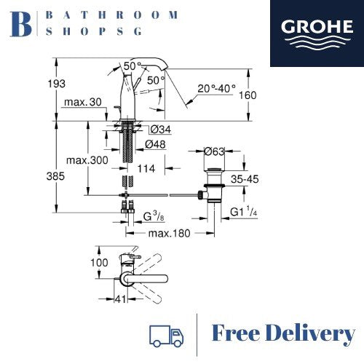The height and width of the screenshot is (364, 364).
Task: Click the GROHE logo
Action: tap(317, 33)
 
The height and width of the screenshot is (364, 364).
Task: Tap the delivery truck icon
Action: tap(166, 336)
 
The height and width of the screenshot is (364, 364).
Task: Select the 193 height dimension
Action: tap(56, 84)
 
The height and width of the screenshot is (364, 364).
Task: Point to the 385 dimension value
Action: tap(55, 176)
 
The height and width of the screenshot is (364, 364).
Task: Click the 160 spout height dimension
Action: tap(248, 95)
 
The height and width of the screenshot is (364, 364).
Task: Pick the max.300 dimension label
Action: tap(87, 160)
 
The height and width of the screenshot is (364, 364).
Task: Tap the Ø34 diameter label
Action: tap(161, 130)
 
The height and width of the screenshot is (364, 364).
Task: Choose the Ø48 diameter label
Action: tap(155, 144)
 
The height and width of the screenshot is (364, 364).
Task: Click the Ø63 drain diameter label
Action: tap(215, 151)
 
